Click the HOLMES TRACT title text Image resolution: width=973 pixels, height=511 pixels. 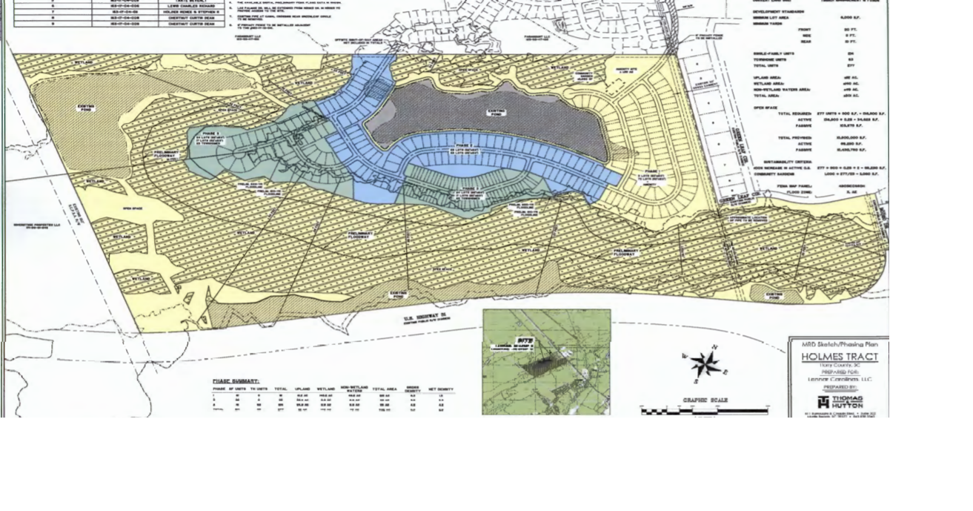point(839,357)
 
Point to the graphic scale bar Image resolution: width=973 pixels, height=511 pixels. point(704,411)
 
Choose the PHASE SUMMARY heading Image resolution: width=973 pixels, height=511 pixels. point(236,381)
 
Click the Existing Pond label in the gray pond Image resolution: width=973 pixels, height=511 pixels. point(496,112)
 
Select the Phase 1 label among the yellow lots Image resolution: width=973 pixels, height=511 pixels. point(650,177)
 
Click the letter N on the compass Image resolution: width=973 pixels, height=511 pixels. point(714,347)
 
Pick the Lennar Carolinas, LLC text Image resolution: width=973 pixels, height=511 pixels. point(839,379)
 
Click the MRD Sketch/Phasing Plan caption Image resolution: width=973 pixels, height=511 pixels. point(839,344)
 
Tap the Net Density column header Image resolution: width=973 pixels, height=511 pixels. point(441,389)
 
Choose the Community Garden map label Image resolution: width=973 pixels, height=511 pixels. point(583,73)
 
